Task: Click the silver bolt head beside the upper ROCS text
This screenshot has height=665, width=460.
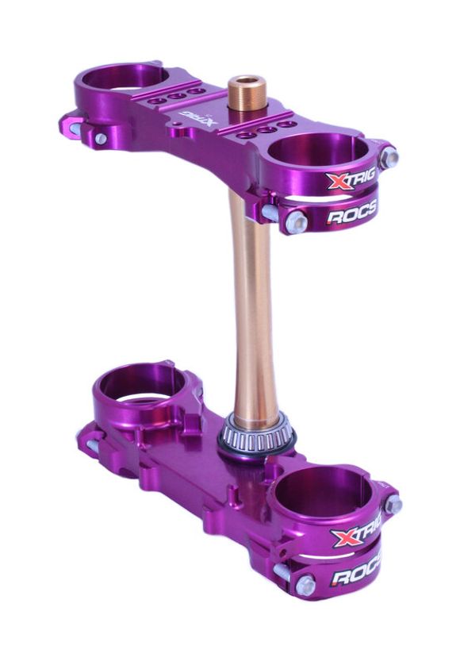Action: pos(294,221)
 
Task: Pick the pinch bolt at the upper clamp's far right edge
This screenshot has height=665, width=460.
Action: pos(389,159)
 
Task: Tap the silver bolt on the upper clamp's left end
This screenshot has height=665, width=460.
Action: pos(102,139)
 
